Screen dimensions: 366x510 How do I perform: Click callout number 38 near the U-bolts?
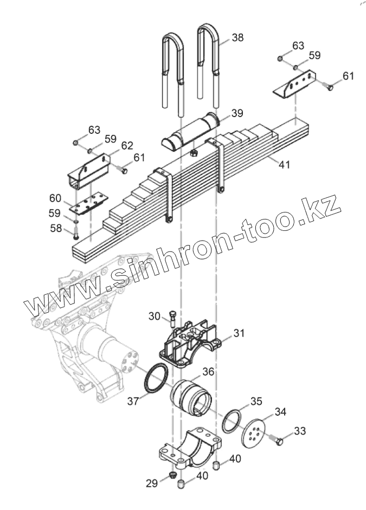[x=237, y=37]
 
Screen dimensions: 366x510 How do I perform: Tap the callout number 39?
[x=237, y=113]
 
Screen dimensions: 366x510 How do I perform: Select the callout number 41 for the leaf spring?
[x=284, y=164]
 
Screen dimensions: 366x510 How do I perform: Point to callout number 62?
[x=127, y=145]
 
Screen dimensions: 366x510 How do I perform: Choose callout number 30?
[x=155, y=316]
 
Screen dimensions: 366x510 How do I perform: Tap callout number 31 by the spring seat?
[x=240, y=333]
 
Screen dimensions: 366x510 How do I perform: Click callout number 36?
[x=209, y=372]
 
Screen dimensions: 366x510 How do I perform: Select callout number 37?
[x=133, y=401]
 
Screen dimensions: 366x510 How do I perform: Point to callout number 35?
[x=256, y=402]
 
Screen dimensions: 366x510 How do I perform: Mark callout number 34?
[x=280, y=412]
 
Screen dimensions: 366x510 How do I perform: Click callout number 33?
[x=300, y=431]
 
